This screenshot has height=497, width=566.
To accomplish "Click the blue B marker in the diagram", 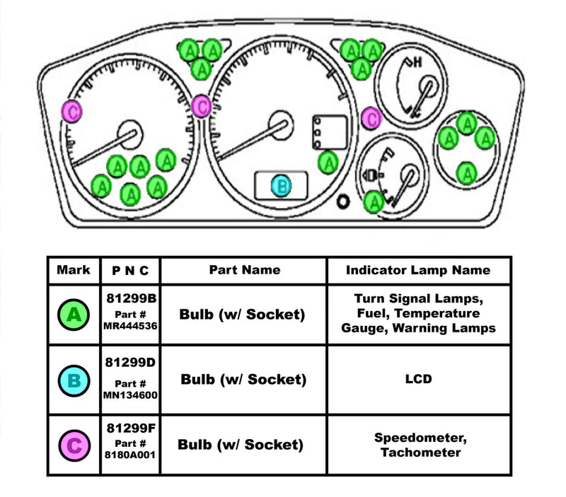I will tap(282, 186).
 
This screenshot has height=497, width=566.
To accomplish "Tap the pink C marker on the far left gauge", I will tap(71, 110).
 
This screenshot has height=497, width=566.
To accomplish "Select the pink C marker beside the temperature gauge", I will tap(371, 118).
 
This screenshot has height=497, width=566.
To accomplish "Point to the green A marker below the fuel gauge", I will tap(374, 202).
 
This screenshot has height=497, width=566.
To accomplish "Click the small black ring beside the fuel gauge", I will tap(344, 202).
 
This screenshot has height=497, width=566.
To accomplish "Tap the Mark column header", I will tap(74, 270).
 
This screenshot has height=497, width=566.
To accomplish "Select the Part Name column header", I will tap(244, 270).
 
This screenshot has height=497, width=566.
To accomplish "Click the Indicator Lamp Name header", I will tap(417, 270).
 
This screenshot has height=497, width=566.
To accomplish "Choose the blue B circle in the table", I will tap(74, 382).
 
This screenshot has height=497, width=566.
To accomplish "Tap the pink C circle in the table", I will tap(74, 446).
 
